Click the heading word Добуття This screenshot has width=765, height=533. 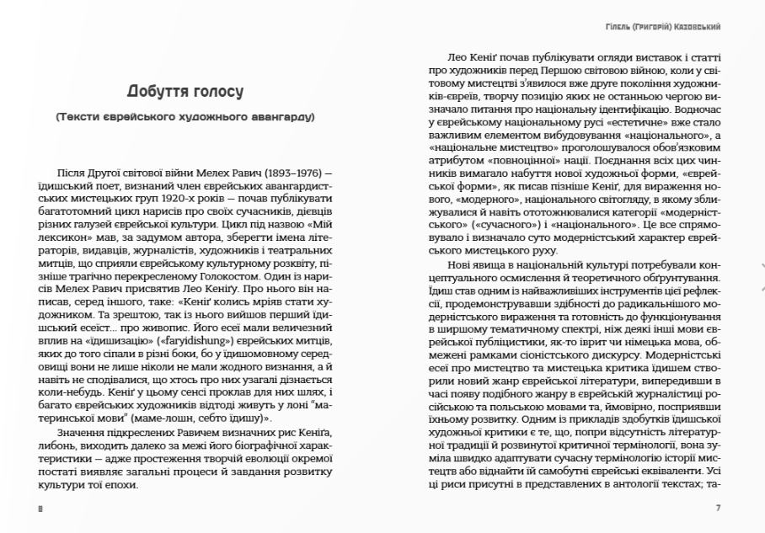(158, 90)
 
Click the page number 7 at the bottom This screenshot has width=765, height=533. (718, 509)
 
